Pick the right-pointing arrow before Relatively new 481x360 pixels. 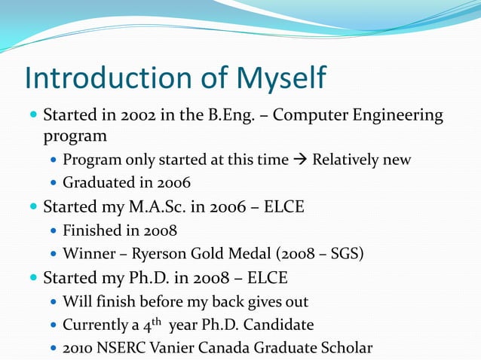(300, 160)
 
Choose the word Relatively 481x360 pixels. (343, 160)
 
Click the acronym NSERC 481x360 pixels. (120, 349)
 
